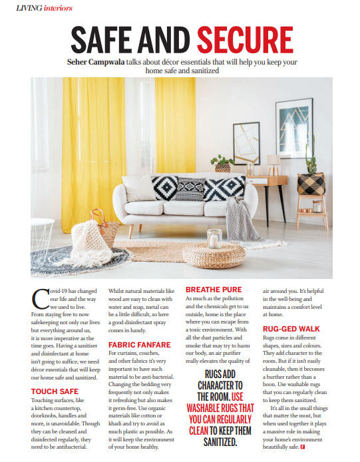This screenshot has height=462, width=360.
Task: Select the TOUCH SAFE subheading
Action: (x=55, y=391)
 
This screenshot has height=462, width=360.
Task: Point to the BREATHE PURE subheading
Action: (x=214, y=290)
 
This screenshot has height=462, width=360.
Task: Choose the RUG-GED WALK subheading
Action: (x=291, y=329)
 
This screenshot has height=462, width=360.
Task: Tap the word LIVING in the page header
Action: (x=29, y=7)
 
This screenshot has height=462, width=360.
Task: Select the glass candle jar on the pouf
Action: (x=214, y=238)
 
